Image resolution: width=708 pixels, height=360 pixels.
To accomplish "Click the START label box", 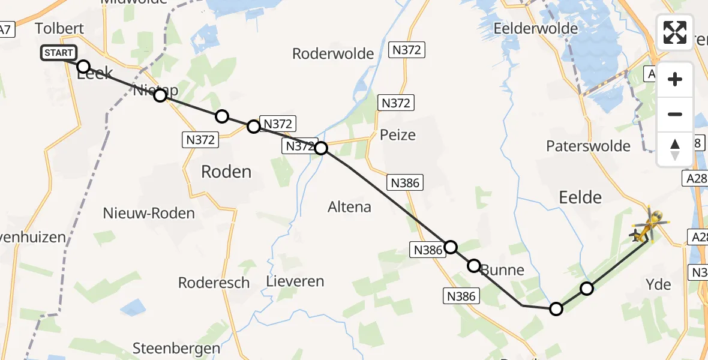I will [59, 53].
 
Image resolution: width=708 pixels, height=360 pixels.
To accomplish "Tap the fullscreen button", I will [675, 32].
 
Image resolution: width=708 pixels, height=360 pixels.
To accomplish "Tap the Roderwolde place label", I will [333, 53].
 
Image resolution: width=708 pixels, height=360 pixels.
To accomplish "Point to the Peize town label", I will [398, 134].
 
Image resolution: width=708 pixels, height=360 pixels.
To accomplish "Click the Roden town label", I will [226, 172].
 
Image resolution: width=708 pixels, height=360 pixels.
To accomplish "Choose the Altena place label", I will [349, 207].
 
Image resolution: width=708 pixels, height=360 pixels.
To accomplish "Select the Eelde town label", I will [580, 197].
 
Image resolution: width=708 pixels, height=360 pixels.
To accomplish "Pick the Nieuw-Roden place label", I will [149, 213].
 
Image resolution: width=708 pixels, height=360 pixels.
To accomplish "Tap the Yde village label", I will [658, 284].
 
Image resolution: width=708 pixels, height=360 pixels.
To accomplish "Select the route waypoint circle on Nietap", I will [160, 95].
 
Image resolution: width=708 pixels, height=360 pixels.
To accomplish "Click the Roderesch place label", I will [214, 283].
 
